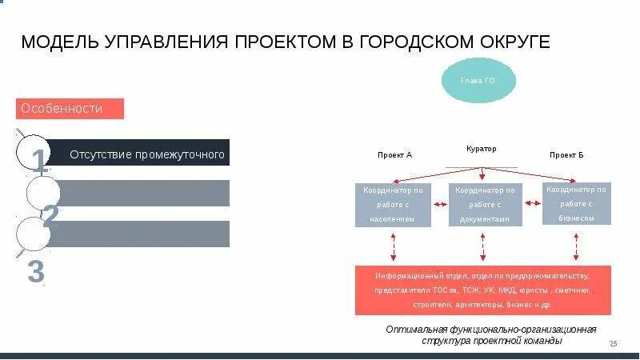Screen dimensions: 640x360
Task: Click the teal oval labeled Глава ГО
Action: pos(479,81)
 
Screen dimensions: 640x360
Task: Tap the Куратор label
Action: pos(481,149)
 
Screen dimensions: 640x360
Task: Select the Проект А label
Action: pos(394,154)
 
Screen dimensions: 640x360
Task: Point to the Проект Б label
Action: pos(566,154)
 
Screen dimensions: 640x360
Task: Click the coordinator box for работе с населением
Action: pos(394,204)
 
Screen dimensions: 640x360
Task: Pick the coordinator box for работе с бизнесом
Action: pos(577,203)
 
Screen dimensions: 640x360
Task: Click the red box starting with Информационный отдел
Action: pos(482,290)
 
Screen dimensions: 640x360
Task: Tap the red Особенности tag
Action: pos(70,108)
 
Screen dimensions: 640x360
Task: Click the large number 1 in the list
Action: pos(38,161)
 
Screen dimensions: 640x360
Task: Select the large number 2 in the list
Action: pos(50,214)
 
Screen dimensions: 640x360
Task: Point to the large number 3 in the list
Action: pos(35,271)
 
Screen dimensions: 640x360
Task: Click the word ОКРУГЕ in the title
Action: pos(514,42)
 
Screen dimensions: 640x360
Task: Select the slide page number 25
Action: pos(614,343)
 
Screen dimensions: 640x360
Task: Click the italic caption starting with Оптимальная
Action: pos(491,334)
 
